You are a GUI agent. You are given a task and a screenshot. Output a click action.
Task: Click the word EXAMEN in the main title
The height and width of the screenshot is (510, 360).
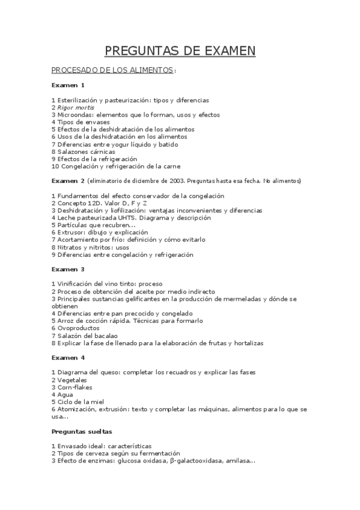click(x=222, y=51)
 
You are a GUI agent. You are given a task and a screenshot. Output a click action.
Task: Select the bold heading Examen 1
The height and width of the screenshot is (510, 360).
click(x=68, y=85)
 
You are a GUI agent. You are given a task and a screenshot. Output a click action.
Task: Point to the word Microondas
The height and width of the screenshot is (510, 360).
click(x=76, y=114)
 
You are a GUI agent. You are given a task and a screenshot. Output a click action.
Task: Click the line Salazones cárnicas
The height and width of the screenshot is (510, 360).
click(x=81, y=152)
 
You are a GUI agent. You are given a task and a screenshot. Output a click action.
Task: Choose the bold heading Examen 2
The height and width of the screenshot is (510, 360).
click(x=68, y=181)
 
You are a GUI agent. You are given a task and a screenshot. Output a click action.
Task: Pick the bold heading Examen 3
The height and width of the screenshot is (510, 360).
click(x=68, y=269)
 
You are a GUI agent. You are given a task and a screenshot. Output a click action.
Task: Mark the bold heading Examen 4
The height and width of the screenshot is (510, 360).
click(x=68, y=358)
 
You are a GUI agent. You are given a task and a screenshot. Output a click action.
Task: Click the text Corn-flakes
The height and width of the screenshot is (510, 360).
click(x=75, y=387)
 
